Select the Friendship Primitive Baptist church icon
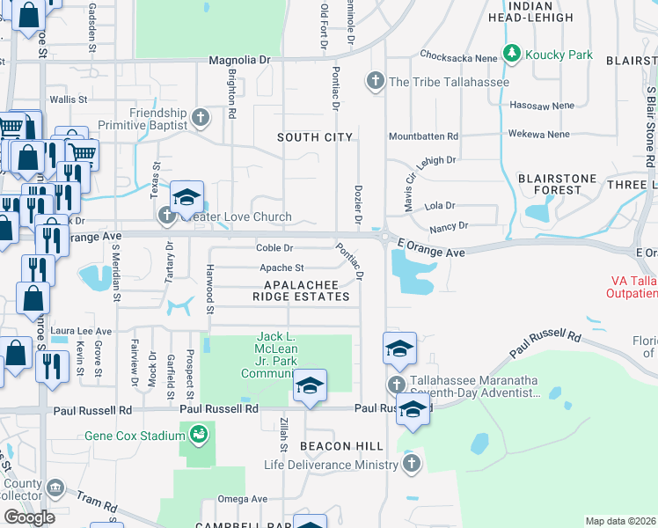tap(201, 116)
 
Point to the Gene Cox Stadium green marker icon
tap(197, 434)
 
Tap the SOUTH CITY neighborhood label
tap(315, 137)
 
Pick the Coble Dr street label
tap(274, 248)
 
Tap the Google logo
tap(29, 517)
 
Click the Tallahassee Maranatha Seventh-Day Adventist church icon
tap(397, 385)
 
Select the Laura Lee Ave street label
tap(71, 331)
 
